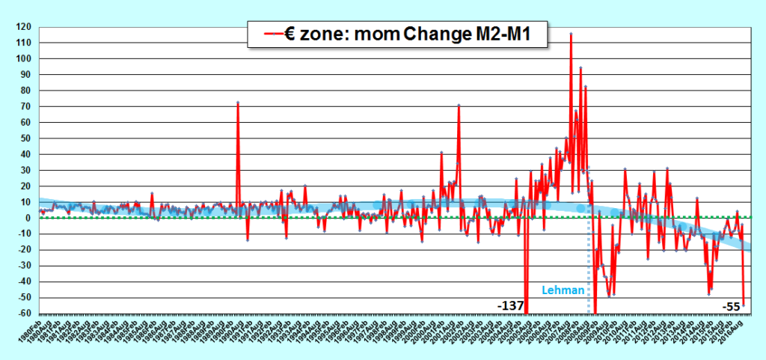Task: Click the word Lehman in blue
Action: coord(562,290)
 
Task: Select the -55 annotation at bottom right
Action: coord(731,306)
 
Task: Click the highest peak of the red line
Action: coord(572,34)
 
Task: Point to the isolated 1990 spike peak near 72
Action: coord(238,103)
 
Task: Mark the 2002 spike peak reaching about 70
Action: coord(459,106)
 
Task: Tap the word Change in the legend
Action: coord(429,34)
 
